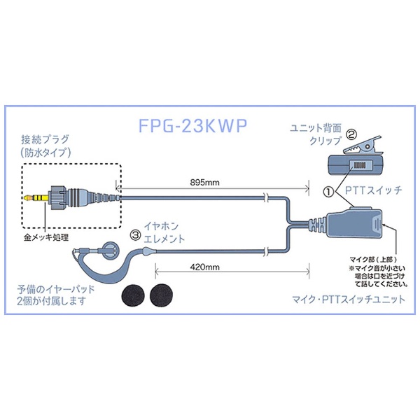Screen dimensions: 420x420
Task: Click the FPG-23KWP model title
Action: click(x=192, y=125)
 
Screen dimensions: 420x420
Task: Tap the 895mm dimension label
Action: click(x=204, y=183)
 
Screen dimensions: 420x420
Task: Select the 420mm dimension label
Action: click(x=204, y=267)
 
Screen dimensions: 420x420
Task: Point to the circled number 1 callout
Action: click(x=329, y=192)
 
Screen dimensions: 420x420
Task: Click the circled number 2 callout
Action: click(x=351, y=134)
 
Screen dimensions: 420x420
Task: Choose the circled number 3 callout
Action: click(x=135, y=235)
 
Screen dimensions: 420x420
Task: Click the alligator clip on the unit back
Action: click(x=362, y=147)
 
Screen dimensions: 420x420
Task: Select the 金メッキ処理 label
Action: click(x=46, y=237)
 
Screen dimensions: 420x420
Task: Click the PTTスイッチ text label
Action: click(x=373, y=190)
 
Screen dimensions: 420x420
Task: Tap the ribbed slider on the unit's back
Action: click(x=360, y=165)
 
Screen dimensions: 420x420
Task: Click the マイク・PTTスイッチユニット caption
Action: click(x=349, y=299)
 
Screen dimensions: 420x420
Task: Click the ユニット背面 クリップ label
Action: click(x=316, y=134)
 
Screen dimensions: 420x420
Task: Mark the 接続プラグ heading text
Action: click(x=45, y=139)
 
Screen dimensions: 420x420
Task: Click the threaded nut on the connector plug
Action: click(x=57, y=198)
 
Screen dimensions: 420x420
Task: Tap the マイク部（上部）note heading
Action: click(x=373, y=259)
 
